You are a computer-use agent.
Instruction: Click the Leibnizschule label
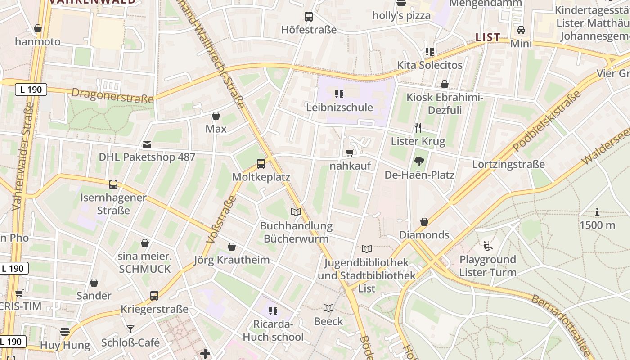(x=339, y=108)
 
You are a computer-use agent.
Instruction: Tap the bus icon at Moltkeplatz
(x=261, y=164)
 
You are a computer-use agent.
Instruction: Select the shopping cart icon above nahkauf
(x=350, y=153)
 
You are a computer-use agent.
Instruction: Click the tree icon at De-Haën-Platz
(x=419, y=161)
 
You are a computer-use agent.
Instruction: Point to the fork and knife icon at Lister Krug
(x=418, y=128)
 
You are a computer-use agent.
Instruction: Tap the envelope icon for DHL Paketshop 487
(x=147, y=144)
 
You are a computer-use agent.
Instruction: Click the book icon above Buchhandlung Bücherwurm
(x=296, y=212)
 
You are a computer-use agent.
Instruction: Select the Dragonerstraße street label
(x=112, y=95)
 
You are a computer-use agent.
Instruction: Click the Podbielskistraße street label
(x=547, y=121)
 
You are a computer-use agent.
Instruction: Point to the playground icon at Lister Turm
(x=487, y=246)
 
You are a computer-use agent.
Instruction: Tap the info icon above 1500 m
(x=597, y=212)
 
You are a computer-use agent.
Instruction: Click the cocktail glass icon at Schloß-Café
(x=130, y=329)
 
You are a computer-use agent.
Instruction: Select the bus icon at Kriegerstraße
(x=154, y=296)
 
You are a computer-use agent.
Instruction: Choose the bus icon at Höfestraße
(x=309, y=17)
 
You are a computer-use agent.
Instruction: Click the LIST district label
(x=488, y=37)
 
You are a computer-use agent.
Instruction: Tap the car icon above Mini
(x=521, y=30)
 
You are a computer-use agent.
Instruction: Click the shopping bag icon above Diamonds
(x=424, y=222)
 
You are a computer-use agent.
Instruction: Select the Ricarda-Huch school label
(x=273, y=331)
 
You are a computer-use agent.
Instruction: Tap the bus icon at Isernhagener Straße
(x=113, y=184)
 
